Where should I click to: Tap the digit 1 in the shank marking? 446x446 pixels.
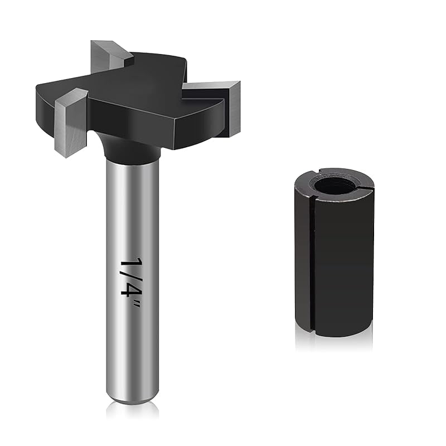[x=130, y=263]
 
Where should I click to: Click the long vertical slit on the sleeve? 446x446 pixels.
[x=311, y=262]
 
